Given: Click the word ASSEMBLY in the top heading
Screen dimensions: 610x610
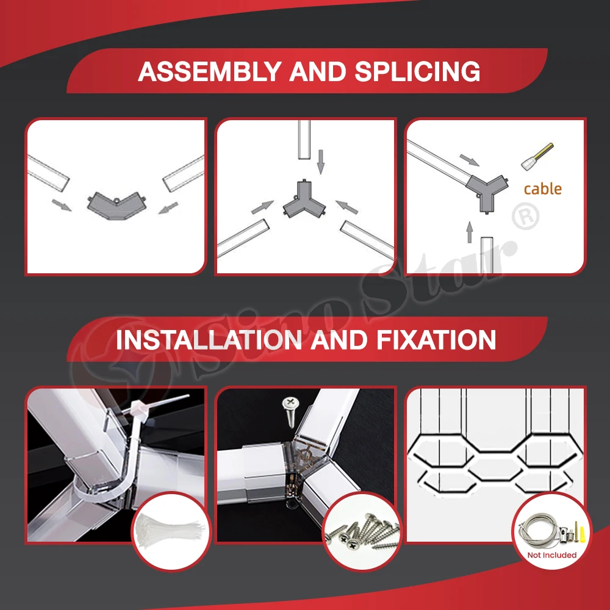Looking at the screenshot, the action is click(x=209, y=71).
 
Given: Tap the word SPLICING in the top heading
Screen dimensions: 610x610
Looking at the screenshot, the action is click(x=417, y=71).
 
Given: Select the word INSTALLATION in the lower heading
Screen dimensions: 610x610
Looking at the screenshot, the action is click(x=209, y=340).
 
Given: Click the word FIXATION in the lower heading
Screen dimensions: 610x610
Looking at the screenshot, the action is click(x=436, y=340).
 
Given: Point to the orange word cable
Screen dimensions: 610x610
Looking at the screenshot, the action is click(x=543, y=189).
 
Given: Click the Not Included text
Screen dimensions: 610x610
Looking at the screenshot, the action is click(x=551, y=555).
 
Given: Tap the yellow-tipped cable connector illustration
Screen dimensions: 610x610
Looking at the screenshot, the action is click(x=537, y=156).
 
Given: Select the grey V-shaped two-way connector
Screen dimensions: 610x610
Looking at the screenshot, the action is click(x=116, y=206).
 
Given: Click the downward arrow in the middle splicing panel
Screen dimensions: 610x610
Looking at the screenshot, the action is click(x=321, y=162).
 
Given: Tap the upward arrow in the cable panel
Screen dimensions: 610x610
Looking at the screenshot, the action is click(x=470, y=232).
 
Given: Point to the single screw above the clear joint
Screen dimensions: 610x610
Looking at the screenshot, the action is click(x=290, y=412).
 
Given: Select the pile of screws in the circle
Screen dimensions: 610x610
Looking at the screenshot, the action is click(x=362, y=532).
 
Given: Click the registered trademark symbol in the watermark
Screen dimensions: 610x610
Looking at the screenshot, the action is click(x=526, y=217).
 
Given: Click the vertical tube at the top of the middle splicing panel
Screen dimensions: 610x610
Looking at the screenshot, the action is click(x=304, y=139).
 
